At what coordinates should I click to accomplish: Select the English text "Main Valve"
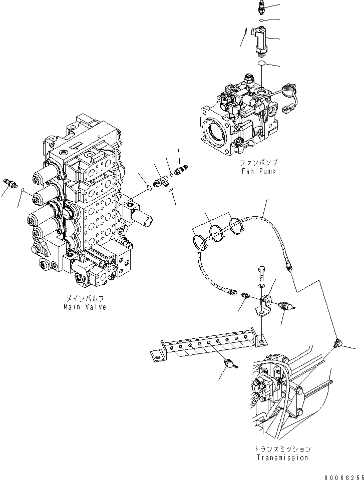click(85, 307)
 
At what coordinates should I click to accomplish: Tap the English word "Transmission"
click(282, 457)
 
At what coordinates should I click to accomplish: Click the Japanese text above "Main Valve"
click(85, 299)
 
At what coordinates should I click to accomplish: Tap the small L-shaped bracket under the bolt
click(263, 304)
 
